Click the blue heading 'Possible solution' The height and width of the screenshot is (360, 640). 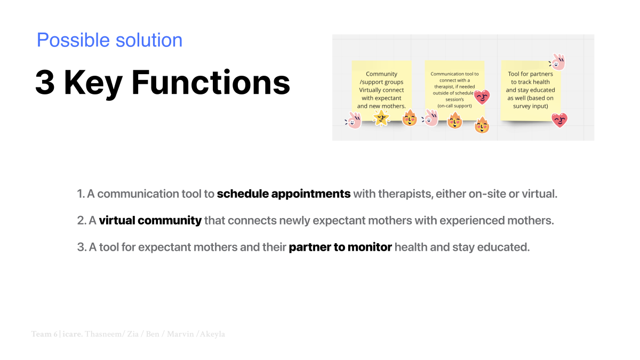tap(109, 41)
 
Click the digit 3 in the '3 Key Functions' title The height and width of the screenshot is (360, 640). tap(45, 82)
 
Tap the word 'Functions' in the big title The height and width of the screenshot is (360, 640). tap(211, 82)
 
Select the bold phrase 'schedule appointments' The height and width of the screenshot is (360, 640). tap(284, 194)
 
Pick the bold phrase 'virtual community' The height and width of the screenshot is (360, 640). tap(150, 220)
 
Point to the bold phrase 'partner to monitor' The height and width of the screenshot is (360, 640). tap(340, 247)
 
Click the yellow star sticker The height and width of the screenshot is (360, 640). tap(381, 118)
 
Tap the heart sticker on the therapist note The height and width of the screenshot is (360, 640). tap(482, 97)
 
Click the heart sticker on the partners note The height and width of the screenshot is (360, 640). tap(559, 120)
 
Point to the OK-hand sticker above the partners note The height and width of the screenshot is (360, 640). tap(557, 62)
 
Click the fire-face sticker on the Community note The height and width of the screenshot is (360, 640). tap(410, 118)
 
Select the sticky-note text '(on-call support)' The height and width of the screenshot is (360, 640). tap(454, 106)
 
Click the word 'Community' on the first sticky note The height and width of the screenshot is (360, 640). tap(381, 74)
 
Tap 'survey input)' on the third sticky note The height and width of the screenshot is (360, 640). tap(530, 106)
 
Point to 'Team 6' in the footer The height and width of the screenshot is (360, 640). tap(44, 334)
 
